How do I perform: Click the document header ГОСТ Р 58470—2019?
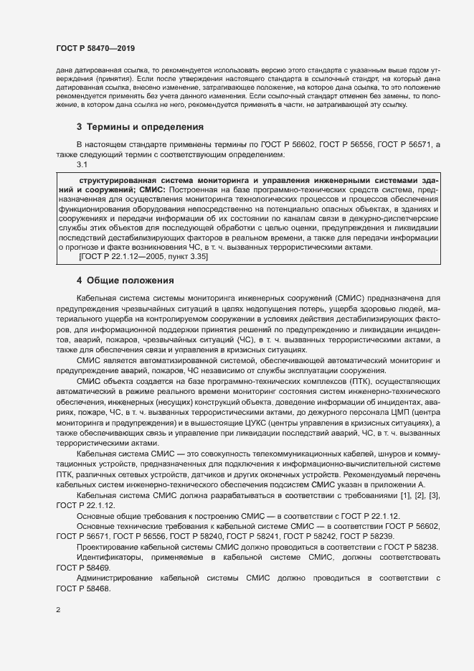point(95,48)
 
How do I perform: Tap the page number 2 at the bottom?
point(58,611)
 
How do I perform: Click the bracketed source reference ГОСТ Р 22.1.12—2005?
point(123,256)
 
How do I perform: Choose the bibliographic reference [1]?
point(407,497)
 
